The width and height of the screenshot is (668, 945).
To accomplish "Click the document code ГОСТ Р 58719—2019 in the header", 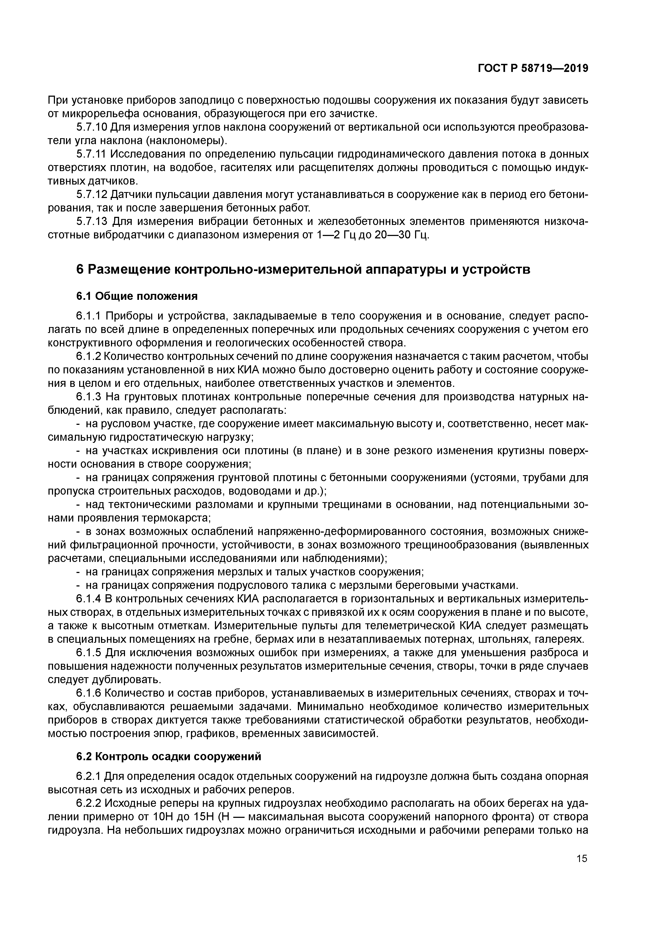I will (x=533, y=69).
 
